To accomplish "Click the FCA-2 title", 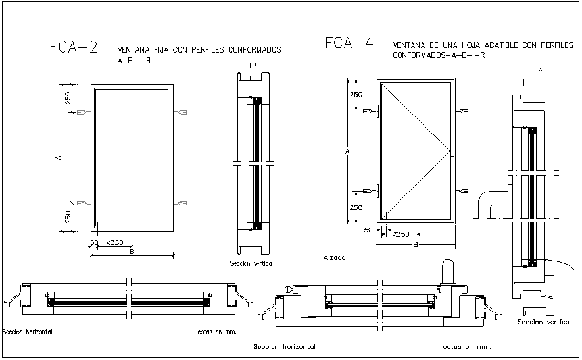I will pyautogui.click(x=74, y=47).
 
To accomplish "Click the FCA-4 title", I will pyautogui.click(x=349, y=43).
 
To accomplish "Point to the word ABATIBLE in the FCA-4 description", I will pyautogui.click(x=498, y=45).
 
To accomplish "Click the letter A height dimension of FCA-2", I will pyautogui.click(x=59, y=157).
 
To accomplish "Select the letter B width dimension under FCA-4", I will pyautogui.click(x=416, y=245).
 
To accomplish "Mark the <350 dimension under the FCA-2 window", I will pyautogui.click(x=114, y=243).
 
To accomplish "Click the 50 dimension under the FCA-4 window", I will pyautogui.click(x=368, y=230).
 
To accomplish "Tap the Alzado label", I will pyautogui.click(x=334, y=258).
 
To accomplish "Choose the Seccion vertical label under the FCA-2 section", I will pyautogui.click(x=251, y=263).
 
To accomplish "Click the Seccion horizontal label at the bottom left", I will pyautogui.click(x=28, y=332).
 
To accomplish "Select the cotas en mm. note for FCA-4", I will pyautogui.click(x=467, y=346).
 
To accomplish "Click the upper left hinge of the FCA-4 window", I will pyautogui.click(x=378, y=110).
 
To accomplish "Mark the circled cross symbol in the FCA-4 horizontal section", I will pyautogui.click(x=287, y=290).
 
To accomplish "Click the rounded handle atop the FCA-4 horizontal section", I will pyautogui.click(x=449, y=270).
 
